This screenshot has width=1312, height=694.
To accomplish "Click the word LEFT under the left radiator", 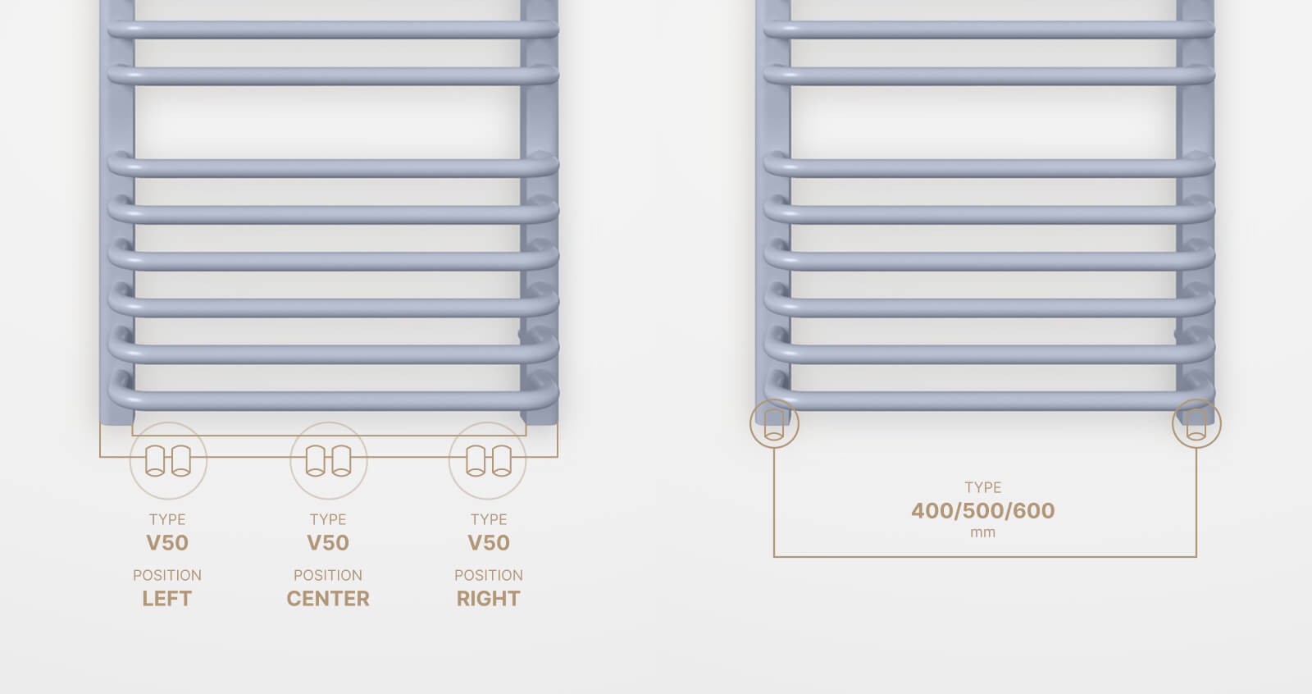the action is click(x=167, y=599).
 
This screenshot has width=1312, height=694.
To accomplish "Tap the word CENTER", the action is click(x=328, y=599).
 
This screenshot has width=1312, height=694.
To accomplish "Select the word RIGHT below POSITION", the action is click(x=489, y=599).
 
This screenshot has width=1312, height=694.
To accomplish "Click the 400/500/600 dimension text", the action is click(x=983, y=510).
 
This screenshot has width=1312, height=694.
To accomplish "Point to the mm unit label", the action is click(x=983, y=533).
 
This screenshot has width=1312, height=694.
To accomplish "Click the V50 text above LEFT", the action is click(x=167, y=543).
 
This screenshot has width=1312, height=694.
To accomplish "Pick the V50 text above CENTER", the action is click(x=328, y=543).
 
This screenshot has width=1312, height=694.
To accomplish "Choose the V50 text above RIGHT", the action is click(x=489, y=543).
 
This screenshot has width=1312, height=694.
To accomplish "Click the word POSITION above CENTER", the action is click(x=328, y=575).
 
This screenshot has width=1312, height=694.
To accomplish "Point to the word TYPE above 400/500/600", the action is click(x=983, y=487).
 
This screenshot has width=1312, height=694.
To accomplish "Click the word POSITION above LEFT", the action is click(x=167, y=575).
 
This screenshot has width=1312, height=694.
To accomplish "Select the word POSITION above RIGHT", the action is click(x=489, y=575).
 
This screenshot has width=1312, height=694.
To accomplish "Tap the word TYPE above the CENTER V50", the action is click(x=328, y=519).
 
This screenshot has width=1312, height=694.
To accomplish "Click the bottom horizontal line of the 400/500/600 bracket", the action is click(x=985, y=556).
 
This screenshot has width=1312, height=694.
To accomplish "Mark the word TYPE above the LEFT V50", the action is click(x=167, y=519).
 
